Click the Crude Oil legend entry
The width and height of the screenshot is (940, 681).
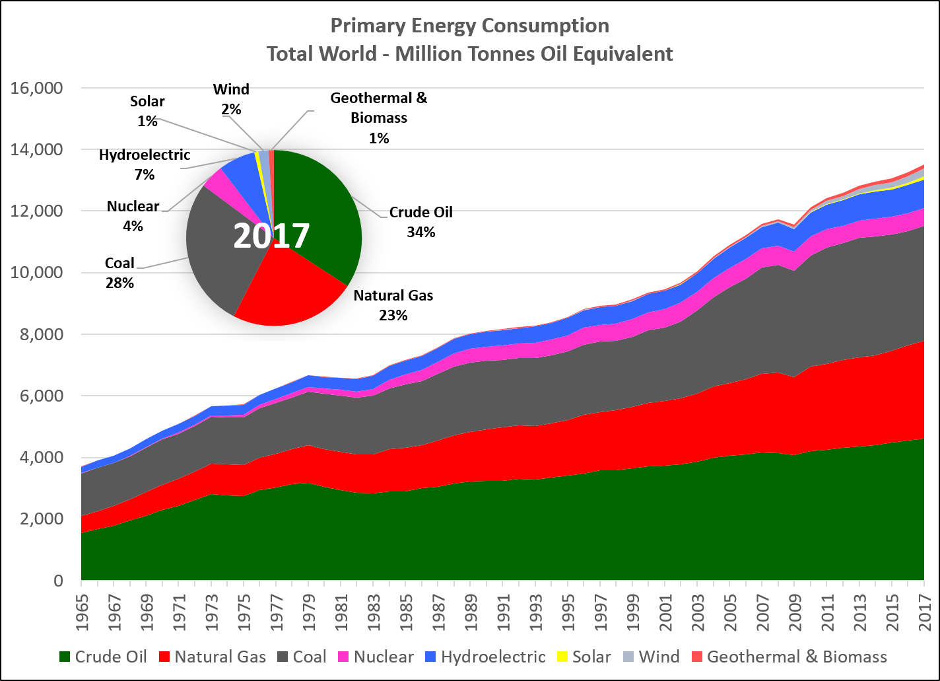(102, 657)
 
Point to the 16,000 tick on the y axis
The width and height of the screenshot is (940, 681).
(38, 88)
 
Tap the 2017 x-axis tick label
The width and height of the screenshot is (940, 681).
(923, 612)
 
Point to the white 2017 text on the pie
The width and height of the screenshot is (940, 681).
(271, 236)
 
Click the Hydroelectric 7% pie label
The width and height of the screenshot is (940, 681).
(145, 165)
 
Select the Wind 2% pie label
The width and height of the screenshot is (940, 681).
(231, 99)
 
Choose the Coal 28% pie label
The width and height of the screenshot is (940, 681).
(119, 273)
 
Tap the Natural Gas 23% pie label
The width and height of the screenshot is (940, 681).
(393, 305)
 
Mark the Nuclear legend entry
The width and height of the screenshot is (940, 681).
(376, 657)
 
